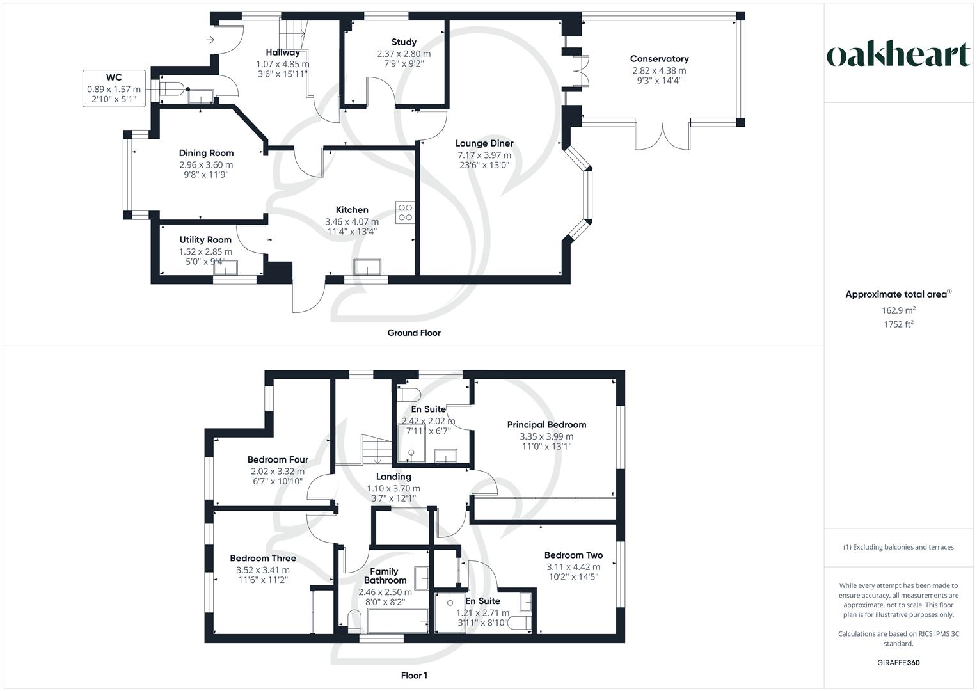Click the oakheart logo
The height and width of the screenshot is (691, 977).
[x=898, y=54]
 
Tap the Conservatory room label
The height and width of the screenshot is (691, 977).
[x=659, y=59]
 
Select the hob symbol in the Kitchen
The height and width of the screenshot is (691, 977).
[x=405, y=212]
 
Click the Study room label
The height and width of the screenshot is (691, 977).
[x=404, y=42]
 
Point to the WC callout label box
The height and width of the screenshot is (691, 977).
[x=114, y=88]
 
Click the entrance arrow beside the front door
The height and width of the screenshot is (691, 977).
[x=210, y=40]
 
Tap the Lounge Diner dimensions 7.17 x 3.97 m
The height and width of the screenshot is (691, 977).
[x=484, y=155]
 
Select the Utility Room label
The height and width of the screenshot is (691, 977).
[x=205, y=240]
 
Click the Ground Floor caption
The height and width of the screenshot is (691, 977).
[x=414, y=333]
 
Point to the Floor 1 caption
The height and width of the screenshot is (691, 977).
[x=414, y=676]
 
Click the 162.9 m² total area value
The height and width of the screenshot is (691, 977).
[x=898, y=310]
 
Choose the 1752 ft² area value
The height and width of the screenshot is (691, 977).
[x=898, y=324]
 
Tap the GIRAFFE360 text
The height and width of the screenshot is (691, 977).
[x=898, y=663]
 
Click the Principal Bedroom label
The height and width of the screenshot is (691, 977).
[x=546, y=425]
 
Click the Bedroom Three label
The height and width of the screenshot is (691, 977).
[x=263, y=559]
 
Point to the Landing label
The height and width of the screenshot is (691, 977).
[x=393, y=477]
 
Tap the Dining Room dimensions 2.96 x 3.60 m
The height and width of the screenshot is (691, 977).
[x=206, y=164]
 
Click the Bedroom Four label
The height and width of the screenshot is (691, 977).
[x=278, y=459]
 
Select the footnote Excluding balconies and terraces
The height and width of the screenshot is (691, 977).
[x=898, y=547]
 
